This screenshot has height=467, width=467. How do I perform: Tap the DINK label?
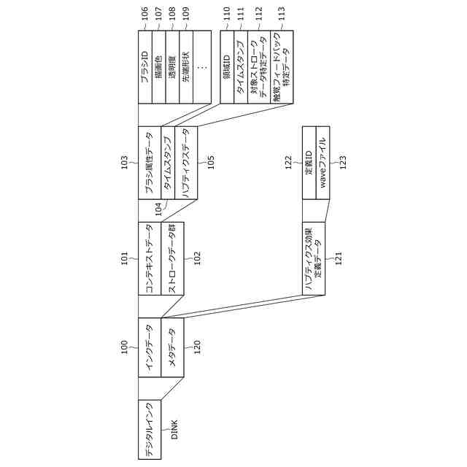tap(174, 431)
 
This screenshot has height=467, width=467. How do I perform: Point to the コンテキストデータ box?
tap(150, 258)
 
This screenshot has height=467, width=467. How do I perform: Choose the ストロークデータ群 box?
tap(173, 258)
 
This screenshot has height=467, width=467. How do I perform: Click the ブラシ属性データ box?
tap(150, 163)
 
